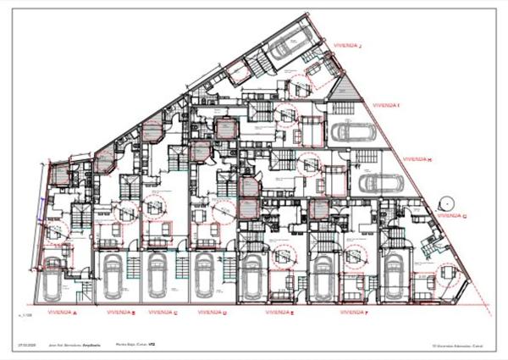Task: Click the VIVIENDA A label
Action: point(63,313)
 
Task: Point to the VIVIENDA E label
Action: point(279,312)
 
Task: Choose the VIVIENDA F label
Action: point(354,312)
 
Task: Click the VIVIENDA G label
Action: point(453,215)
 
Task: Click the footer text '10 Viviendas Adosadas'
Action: point(452,346)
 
